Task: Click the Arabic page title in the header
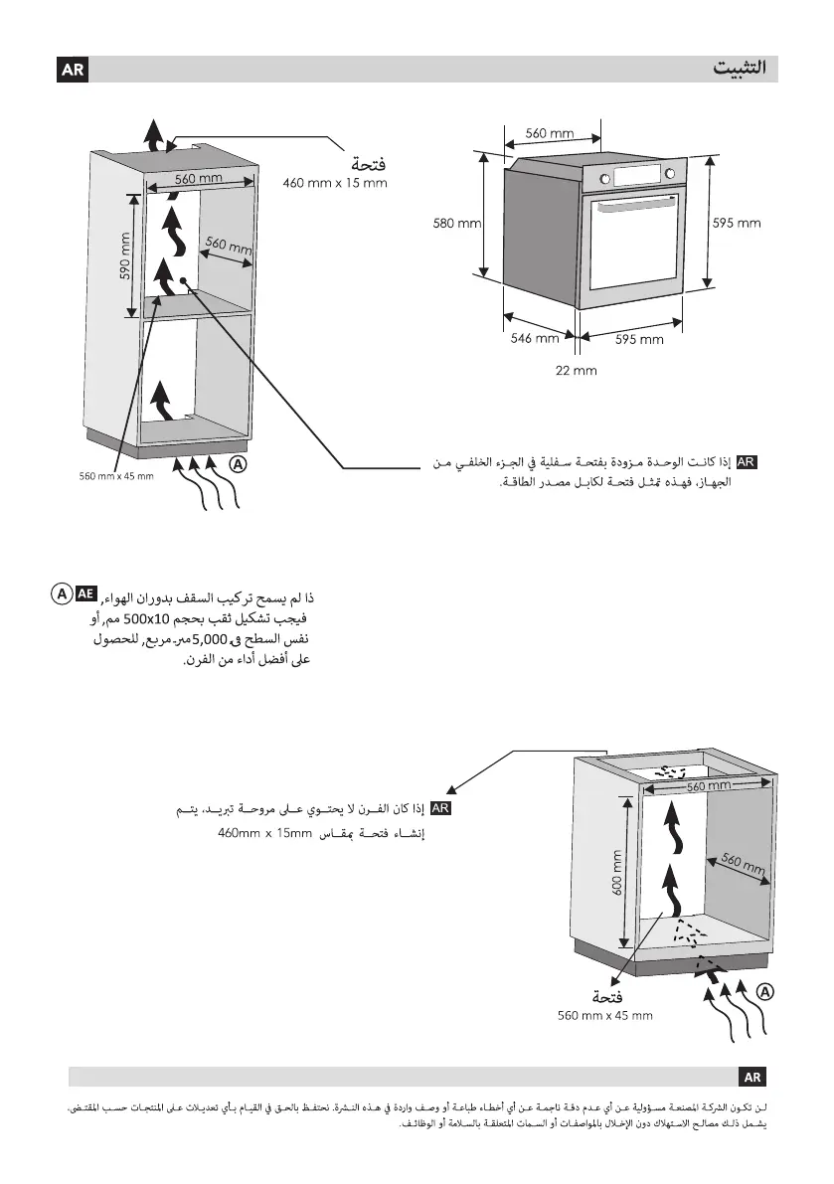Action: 745,70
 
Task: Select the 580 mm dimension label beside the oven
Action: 456,224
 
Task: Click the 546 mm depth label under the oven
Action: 534,339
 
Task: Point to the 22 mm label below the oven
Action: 576,371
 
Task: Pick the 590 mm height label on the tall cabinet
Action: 126,255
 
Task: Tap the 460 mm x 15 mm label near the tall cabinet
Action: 334,183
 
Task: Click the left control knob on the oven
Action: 606,178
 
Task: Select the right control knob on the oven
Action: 669,173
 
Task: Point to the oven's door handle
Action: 636,205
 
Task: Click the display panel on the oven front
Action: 637,176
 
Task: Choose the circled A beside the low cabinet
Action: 763,991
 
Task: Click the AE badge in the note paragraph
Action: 86,593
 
